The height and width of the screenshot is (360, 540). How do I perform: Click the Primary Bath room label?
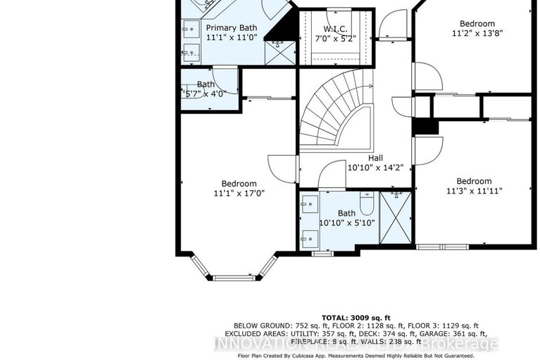click(231, 27)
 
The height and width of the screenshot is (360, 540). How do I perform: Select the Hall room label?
click(375, 159)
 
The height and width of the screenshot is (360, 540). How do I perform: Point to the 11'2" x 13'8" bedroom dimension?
click(477, 33)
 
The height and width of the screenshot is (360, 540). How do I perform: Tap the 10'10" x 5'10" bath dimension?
click(346, 223)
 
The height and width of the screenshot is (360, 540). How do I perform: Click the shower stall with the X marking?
click(396, 217)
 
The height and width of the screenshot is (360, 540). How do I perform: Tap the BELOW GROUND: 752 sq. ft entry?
click(268, 325)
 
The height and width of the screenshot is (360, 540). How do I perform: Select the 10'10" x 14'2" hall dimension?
click(375, 168)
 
